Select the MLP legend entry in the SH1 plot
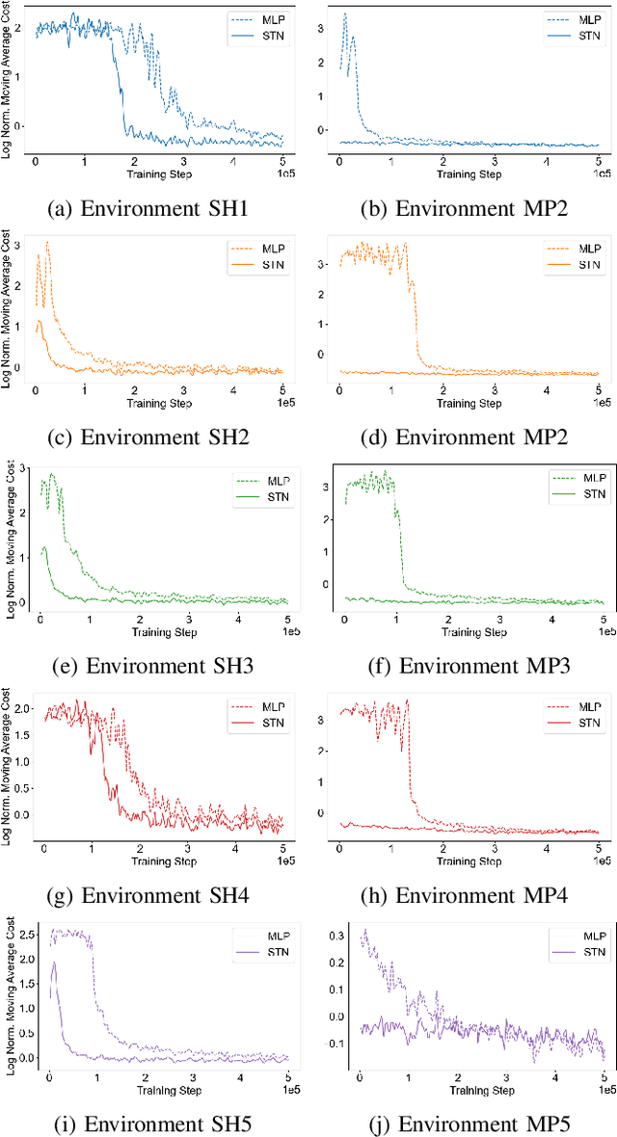pos(255,18)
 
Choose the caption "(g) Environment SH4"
pos(155,895)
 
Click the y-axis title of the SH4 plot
pos(9,766)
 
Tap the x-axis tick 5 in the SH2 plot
pos(283,389)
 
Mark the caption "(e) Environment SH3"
pos(155,664)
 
